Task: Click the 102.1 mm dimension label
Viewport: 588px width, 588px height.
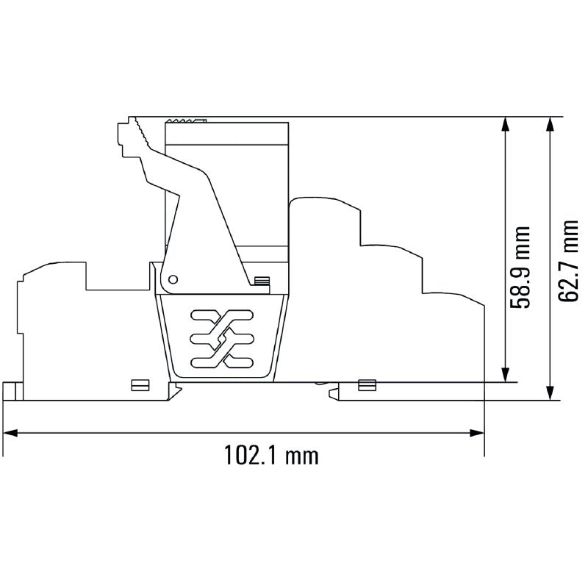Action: (x=271, y=455)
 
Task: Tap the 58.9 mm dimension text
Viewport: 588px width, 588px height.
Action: (x=520, y=267)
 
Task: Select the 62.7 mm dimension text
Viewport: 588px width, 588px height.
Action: (x=567, y=261)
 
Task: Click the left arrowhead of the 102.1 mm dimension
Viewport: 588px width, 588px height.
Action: (x=10, y=434)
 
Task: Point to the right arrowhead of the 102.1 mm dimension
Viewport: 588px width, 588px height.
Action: (x=477, y=434)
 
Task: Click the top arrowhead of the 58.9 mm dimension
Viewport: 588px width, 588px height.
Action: (x=506, y=124)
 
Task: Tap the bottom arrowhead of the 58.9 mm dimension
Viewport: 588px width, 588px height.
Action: (x=506, y=375)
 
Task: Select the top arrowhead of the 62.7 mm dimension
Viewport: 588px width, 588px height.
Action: (x=550, y=124)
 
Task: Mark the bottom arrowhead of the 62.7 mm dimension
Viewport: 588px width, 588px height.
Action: (x=550, y=393)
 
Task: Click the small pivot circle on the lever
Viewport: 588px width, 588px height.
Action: (x=173, y=279)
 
